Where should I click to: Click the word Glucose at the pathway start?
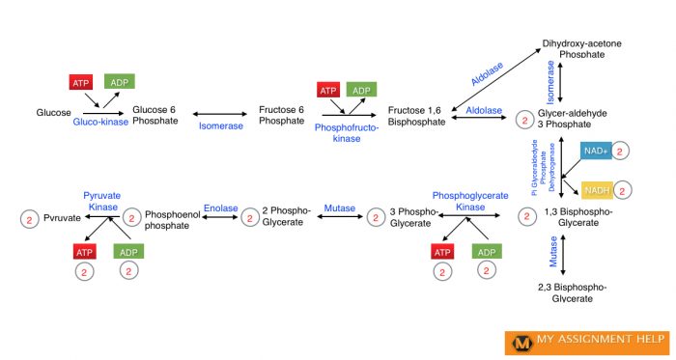[53, 113]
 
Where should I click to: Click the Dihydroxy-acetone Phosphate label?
[581, 48]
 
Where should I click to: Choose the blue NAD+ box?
[595, 151]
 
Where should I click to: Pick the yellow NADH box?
[595, 191]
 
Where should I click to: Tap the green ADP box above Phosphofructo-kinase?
[360, 90]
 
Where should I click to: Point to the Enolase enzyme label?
[220, 208]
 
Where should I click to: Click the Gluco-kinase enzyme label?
[100, 123]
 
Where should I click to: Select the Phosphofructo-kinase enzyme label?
[346, 133]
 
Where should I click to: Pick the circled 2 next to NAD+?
[623, 151]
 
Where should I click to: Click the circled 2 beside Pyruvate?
[30, 219]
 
